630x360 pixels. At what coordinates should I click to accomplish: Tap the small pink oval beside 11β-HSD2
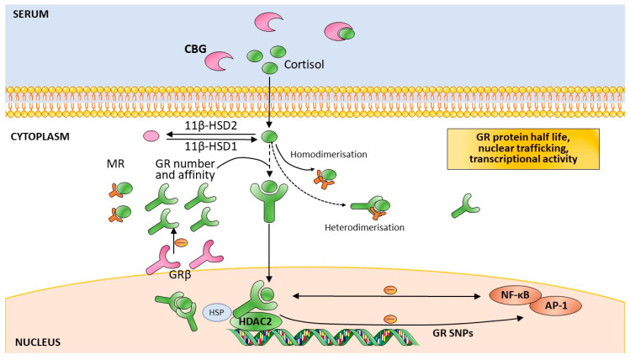152,134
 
